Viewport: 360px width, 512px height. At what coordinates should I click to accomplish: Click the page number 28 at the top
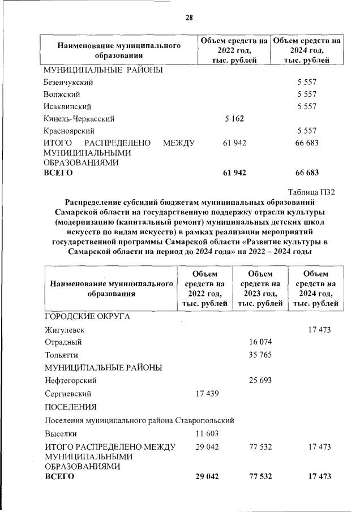tap(189, 18)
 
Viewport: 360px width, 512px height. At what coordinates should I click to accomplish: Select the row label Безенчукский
tap(68, 83)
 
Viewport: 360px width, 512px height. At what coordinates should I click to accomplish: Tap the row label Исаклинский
tap(67, 106)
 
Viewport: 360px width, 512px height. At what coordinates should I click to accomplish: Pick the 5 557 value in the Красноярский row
tap(307, 131)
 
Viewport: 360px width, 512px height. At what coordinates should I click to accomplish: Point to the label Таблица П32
tap(311, 192)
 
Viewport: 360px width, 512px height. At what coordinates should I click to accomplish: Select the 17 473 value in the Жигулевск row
tap(319, 329)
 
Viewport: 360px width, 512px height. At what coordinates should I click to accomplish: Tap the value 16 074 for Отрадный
tap(260, 342)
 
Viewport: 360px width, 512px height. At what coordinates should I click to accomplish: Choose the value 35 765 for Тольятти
tap(260, 355)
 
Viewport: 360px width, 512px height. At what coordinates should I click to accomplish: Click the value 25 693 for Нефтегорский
tap(260, 380)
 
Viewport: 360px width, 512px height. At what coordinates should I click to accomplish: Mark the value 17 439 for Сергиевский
tap(205, 394)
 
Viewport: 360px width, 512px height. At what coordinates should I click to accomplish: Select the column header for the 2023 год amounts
tap(260, 289)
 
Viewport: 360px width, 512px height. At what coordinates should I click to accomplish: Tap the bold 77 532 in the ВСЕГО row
tap(260, 477)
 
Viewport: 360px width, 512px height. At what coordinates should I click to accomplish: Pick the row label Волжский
tap(62, 94)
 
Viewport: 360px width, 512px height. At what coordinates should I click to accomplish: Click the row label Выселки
tap(61, 434)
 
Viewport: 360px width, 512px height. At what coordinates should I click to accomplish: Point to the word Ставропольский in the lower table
tap(206, 420)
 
